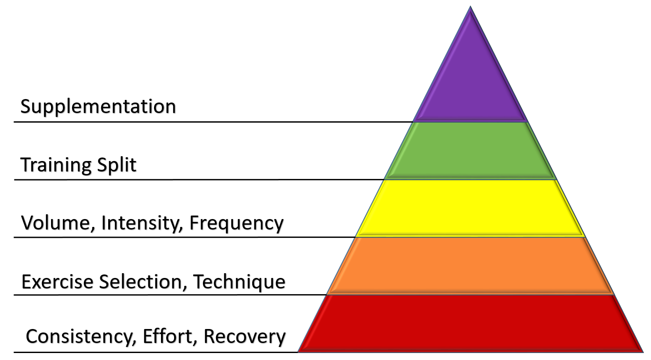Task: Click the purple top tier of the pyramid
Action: [x=470, y=83]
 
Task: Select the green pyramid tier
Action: [x=470, y=151]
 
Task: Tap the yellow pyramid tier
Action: [x=470, y=208]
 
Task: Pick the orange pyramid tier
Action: [x=470, y=266]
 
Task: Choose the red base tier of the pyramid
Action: [x=470, y=323]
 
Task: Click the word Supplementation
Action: [x=98, y=107]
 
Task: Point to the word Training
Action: [x=56, y=165]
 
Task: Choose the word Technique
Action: [x=240, y=282]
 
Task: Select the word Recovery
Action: [x=245, y=337]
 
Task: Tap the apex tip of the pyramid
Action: [x=470, y=8]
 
